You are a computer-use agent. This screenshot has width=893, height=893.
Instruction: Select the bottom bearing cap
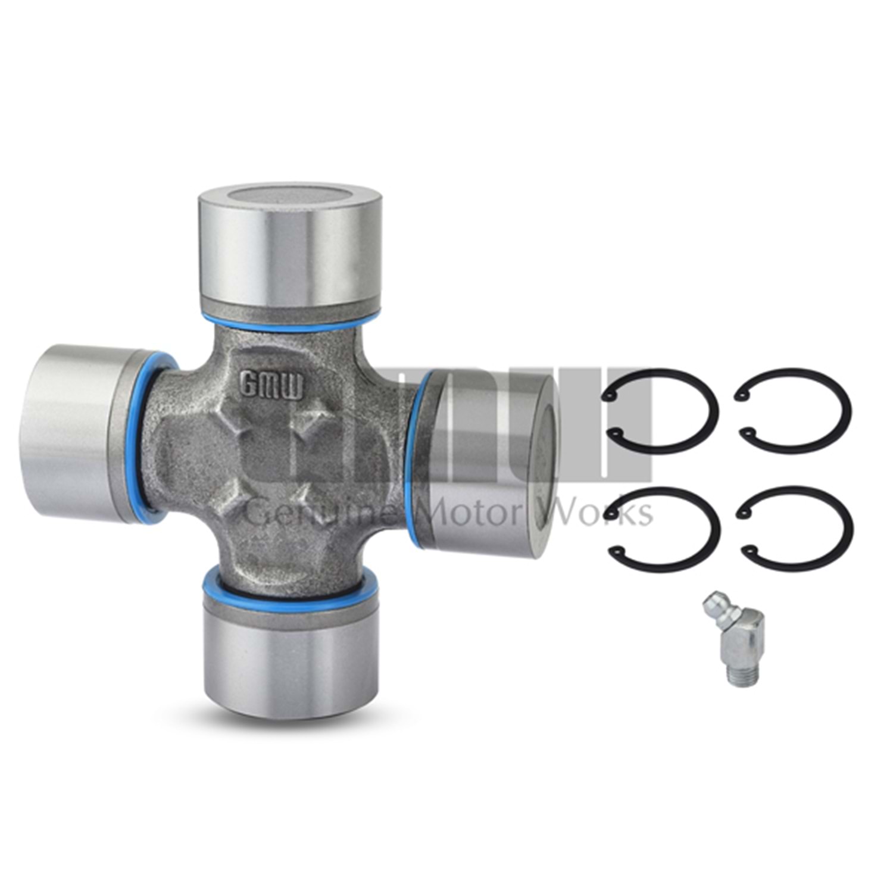[x=290, y=645]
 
